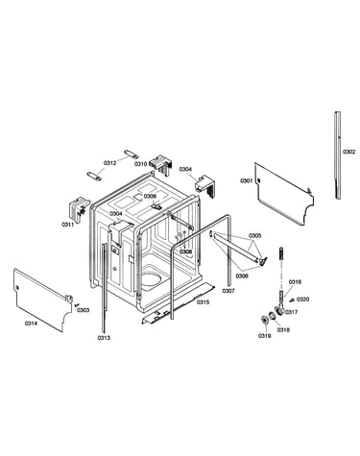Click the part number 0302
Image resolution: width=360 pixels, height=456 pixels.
[x=348, y=152]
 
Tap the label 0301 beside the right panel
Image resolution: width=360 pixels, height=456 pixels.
[x=247, y=181]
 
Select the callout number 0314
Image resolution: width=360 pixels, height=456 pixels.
[x=31, y=324]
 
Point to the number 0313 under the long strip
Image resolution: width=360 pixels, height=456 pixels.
[x=104, y=338]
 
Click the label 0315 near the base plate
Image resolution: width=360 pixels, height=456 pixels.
[x=203, y=302]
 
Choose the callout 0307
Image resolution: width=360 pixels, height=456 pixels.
[x=228, y=291]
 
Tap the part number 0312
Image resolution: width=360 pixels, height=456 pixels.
[x=109, y=163]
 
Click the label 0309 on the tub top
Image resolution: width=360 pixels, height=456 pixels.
[x=150, y=196]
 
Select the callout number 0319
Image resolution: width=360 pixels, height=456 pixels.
[x=264, y=336]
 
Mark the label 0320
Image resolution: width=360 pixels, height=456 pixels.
[x=302, y=300]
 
